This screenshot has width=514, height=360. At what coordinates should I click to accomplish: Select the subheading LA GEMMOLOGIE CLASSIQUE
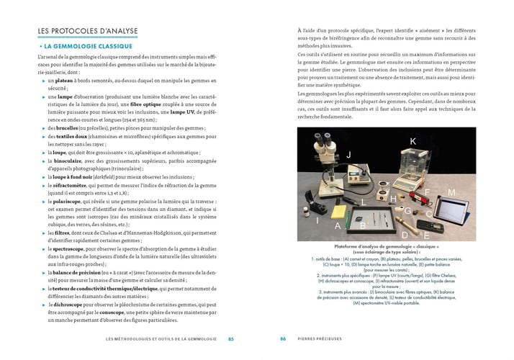pos(91,46)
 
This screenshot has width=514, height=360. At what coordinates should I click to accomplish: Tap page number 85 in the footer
pos(230,338)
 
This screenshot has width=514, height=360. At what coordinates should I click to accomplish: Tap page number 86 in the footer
pos(283,338)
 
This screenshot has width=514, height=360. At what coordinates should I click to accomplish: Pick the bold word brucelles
pos(63,127)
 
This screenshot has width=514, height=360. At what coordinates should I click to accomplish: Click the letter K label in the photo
pos(412,141)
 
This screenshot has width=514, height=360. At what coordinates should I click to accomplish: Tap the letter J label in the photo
pos(348,154)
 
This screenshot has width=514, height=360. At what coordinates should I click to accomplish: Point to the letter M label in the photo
pos(451,193)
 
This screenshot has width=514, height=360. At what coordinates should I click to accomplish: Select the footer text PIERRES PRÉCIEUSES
pos(321,338)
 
